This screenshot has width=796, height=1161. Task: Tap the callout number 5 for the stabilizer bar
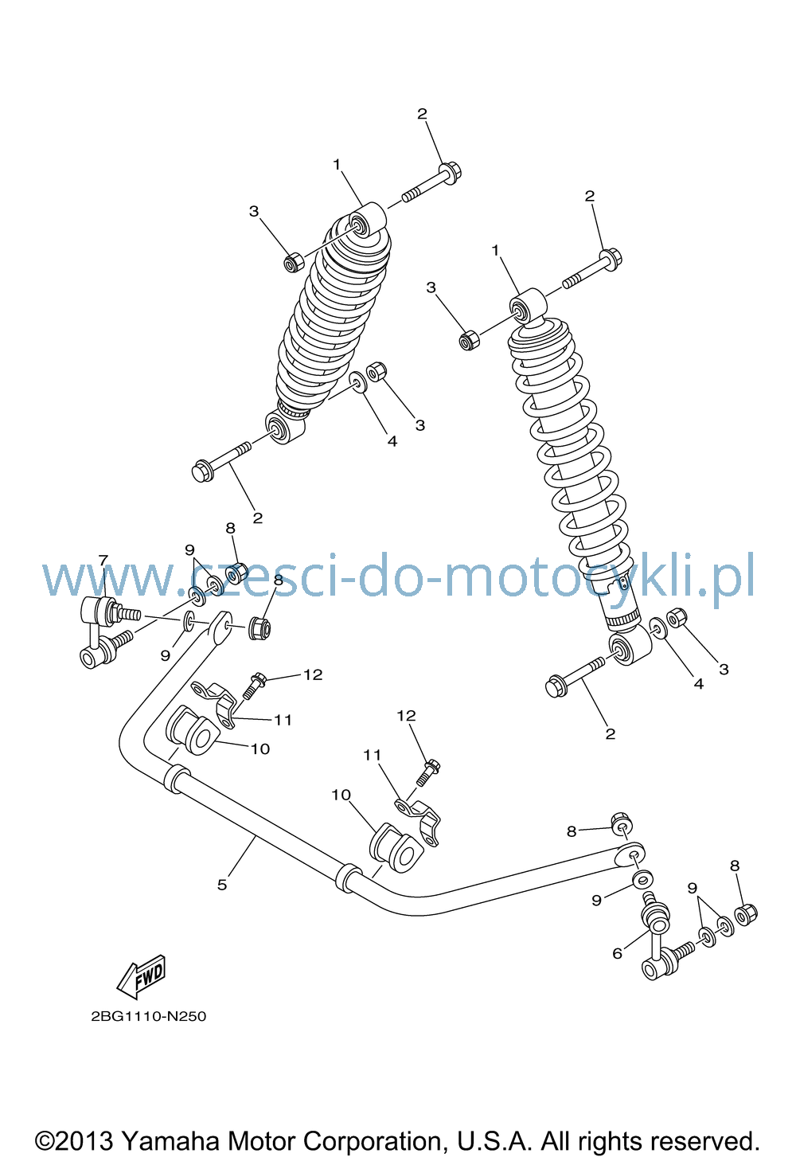pyautogui.click(x=222, y=885)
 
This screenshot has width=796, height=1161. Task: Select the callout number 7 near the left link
pyautogui.click(x=103, y=561)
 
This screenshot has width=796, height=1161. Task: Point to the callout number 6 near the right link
pyautogui.click(x=617, y=954)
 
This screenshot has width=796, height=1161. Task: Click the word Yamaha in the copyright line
pyautogui.click(x=171, y=1141)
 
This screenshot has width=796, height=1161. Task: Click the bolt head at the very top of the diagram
pyautogui.click(x=450, y=173)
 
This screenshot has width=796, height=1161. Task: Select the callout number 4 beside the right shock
pyautogui.click(x=699, y=684)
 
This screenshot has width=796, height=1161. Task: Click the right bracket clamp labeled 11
pyautogui.click(x=419, y=821)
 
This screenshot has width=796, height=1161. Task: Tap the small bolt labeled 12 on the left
pyautogui.click(x=253, y=686)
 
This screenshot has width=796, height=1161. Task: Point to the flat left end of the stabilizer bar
pyautogui.click(x=220, y=627)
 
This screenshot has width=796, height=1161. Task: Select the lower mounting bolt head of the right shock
pyautogui.click(x=556, y=686)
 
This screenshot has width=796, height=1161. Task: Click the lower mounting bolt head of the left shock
pyautogui.click(x=203, y=471)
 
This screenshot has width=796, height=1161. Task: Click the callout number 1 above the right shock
pyautogui.click(x=495, y=250)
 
